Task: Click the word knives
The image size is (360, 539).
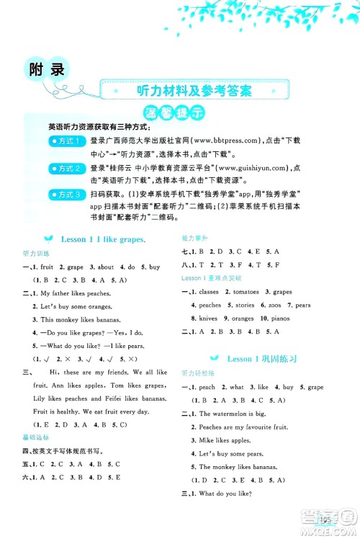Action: (x=208, y=318)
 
